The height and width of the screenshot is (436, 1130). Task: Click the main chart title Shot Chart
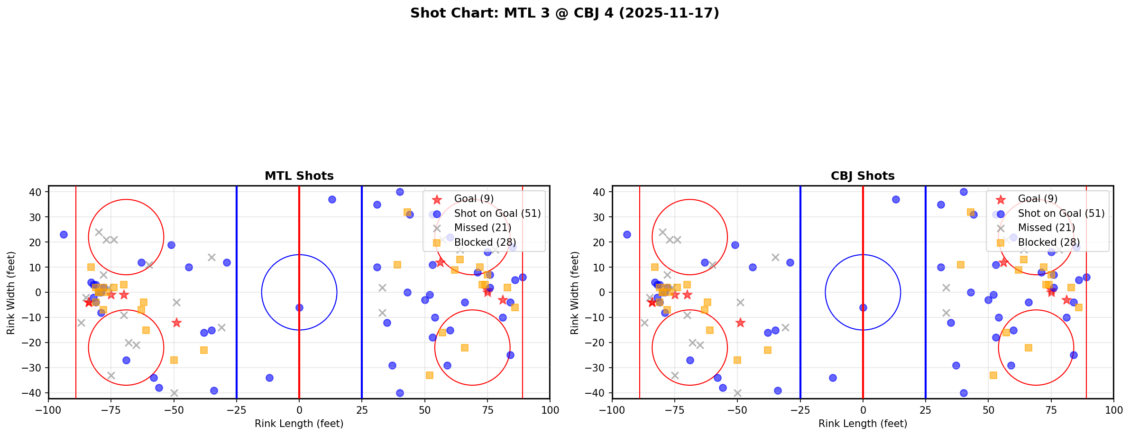point(564,13)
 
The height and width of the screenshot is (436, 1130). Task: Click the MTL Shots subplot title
point(299,176)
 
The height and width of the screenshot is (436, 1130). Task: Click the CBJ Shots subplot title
point(862,176)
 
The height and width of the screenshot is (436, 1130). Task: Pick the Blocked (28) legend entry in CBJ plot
point(1048,242)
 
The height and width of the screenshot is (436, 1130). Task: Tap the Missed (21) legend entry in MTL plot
point(482,228)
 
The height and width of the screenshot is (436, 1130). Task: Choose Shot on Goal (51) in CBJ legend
point(1061,213)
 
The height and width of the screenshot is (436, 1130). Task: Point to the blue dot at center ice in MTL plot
point(299,307)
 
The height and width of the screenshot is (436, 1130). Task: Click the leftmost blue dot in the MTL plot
point(64,234)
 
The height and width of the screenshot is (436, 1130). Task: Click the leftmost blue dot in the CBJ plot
point(627,234)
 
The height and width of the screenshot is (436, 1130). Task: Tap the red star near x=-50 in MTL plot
point(176,323)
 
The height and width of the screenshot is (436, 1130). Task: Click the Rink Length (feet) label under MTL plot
point(299,424)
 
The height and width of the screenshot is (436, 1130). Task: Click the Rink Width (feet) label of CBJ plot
point(575,292)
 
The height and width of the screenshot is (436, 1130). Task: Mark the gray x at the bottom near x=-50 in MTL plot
point(174,393)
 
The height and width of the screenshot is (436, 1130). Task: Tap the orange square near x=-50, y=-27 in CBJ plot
point(737,360)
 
